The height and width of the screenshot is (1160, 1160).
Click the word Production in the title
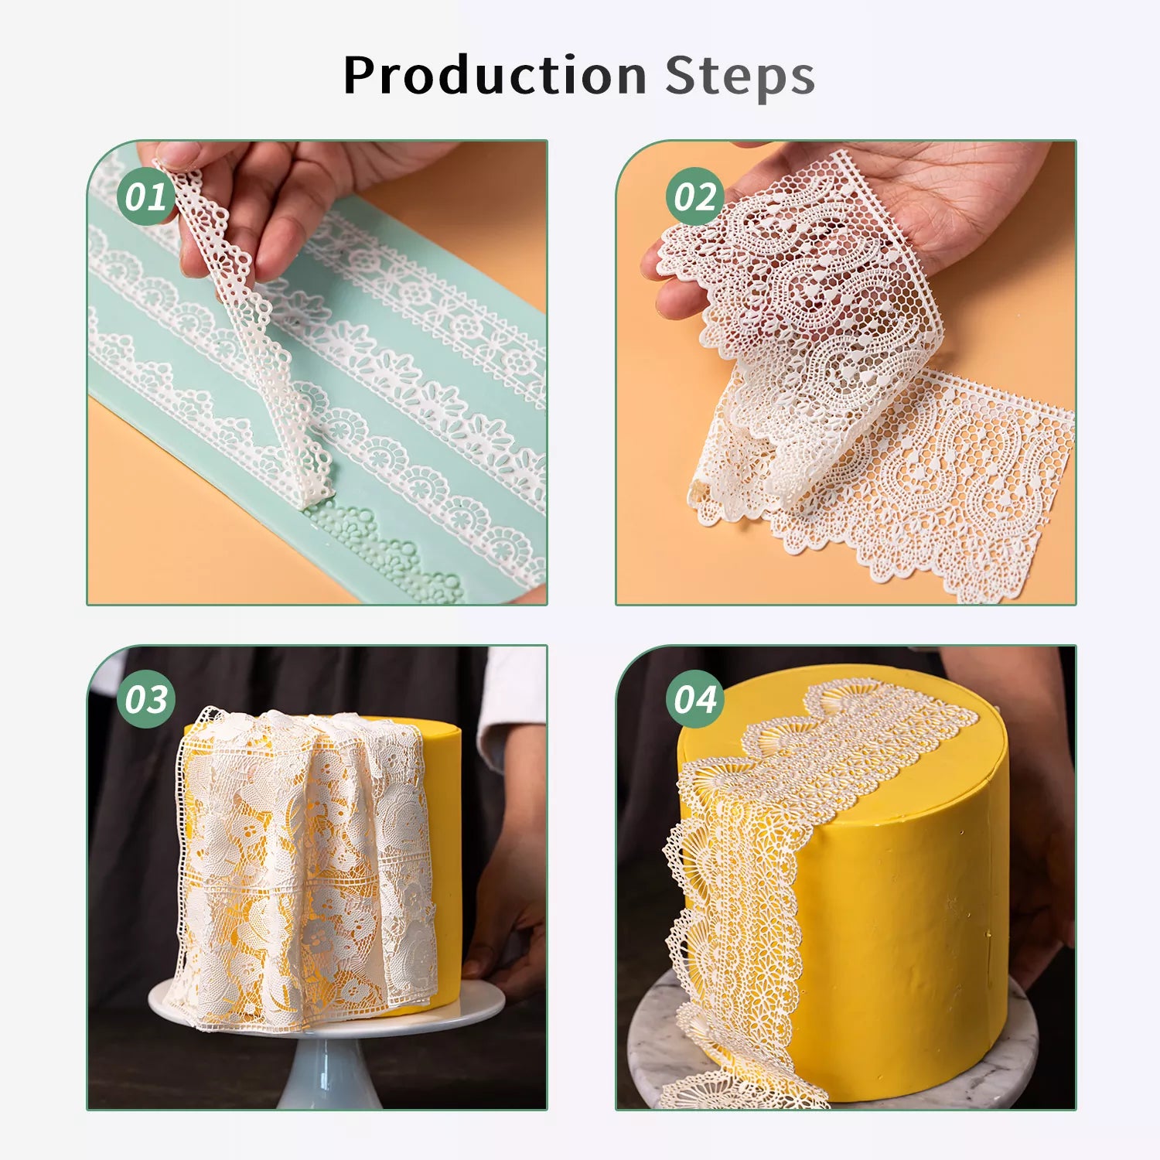[x=495, y=75]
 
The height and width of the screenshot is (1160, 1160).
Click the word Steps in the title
[x=740, y=76]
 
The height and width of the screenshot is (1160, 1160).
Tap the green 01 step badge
[x=146, y=196]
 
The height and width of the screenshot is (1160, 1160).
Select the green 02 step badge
[x=695, y=196]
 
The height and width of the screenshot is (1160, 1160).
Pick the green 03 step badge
[x=146, y=699]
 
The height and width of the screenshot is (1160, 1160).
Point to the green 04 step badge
[x=695, y=699]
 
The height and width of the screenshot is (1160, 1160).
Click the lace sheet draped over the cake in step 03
[x=305, y=866]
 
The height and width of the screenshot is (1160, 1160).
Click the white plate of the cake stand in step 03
[x=325, y=1009]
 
